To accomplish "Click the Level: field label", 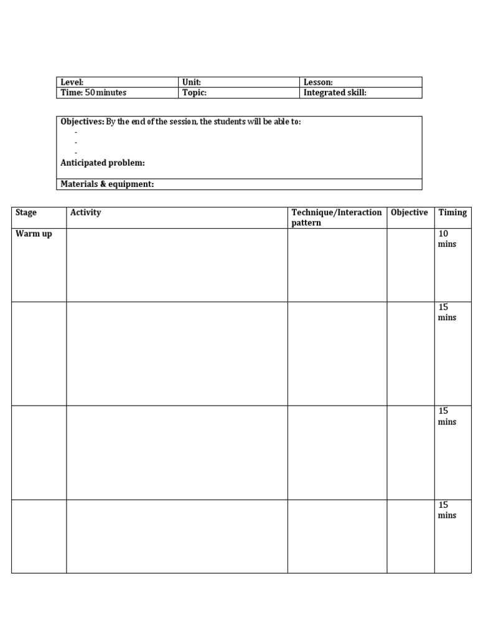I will tap(72, 82).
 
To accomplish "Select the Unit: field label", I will tap(191, 82).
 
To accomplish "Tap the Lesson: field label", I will tap(318, 82).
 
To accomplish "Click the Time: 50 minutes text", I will tap(93, 93).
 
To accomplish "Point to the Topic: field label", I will tap(194, 93).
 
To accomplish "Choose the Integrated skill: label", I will tap(335, 93).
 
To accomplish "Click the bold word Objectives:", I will tap(82, 122).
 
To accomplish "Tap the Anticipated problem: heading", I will tap(103, 163).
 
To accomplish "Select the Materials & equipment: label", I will tap(107, 184).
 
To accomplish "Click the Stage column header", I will tap(26, 212).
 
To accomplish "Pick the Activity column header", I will tap(86, 212).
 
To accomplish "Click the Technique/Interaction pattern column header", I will tap(337, 217).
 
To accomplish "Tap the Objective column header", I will tap(409, 212).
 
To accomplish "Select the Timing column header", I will tap(452, 212).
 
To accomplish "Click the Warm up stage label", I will tap(34, 234).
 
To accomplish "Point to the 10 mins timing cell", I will tap(447, 239).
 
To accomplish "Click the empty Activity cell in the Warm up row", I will tap(177, 265).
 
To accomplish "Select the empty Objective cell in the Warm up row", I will tap(410, 265).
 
